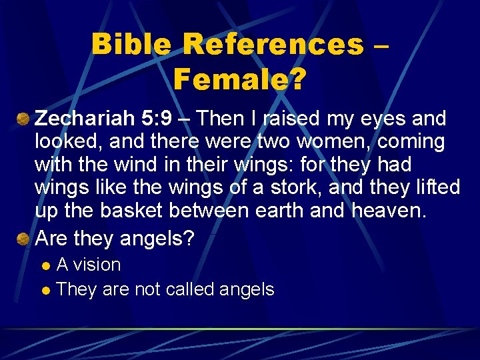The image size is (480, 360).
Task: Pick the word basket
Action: tap(132, 210)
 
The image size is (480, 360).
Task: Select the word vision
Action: tap(97, 265)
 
